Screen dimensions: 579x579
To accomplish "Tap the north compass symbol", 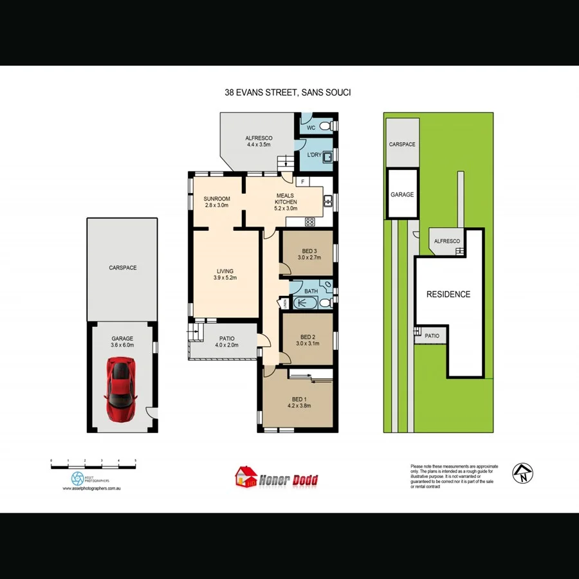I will pos(523,473).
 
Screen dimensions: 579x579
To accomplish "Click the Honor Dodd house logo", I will pos(245,477).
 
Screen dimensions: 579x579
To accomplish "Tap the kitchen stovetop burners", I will pos(309,222).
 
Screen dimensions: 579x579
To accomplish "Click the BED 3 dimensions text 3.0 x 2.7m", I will pos(309,257).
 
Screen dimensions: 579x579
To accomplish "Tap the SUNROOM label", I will pos(216,198).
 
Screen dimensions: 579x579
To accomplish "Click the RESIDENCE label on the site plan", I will pos(448,295).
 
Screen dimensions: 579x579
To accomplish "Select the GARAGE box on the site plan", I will pos(402,194).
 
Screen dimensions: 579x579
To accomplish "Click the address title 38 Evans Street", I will pos(288,93).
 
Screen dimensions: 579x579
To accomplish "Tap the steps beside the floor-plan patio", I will pos(192,333).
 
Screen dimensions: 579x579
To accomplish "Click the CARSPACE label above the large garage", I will pos(122,268).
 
